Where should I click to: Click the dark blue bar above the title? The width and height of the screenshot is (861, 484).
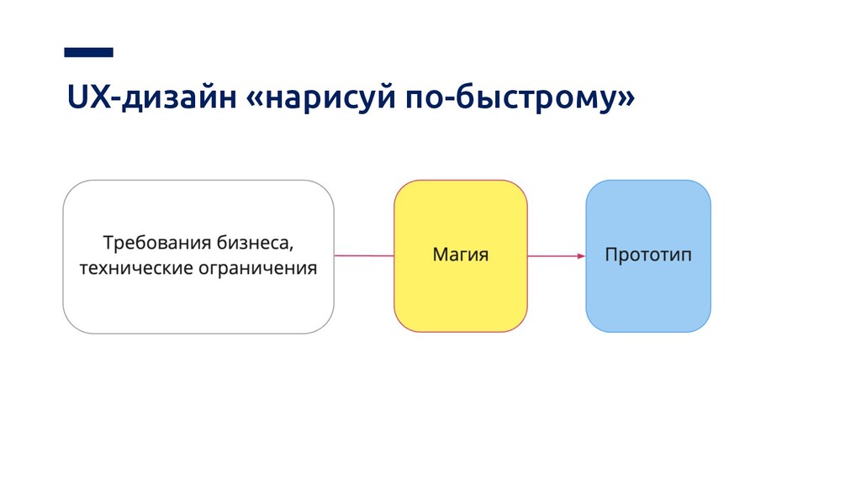(x=88, y=52)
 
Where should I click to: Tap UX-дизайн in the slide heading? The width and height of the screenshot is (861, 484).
(x=148, y=101)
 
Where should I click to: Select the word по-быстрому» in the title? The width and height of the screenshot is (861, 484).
(x=520, y=101)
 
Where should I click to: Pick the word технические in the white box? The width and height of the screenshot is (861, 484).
(x=135, y=270)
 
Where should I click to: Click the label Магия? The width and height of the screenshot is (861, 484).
(x=460, y=254)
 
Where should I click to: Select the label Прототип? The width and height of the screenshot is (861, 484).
(x=648, y=254)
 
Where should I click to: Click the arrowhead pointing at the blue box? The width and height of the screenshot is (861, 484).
(x=580, y=255)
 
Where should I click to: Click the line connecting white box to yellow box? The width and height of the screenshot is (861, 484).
(x=363, y=255)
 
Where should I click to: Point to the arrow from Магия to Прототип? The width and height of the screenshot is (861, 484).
(x=555, y=255)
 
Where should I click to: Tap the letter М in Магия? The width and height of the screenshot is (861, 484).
(x=440, y=254)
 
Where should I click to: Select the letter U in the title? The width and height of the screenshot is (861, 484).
(x=75, y=101)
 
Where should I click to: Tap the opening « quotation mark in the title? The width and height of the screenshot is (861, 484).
(x=252, y=102)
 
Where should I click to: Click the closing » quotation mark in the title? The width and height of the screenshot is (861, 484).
(x=625, y=102)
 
